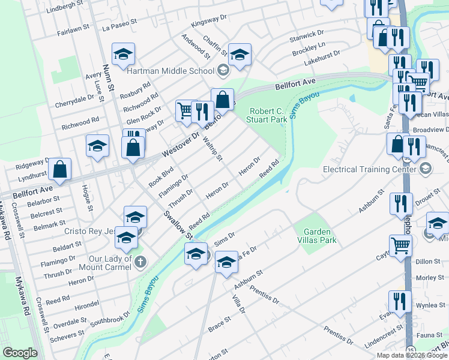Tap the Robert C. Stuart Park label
[267, 115]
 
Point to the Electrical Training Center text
[369, 169]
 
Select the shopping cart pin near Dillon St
[400, 245]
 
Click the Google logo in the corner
[20, 353]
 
